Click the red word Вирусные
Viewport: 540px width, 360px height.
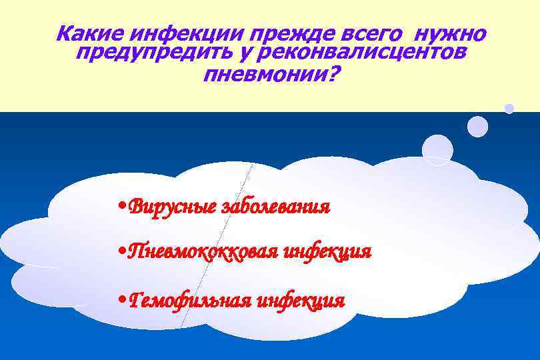coord(171,206)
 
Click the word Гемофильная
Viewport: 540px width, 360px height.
coord(190,301)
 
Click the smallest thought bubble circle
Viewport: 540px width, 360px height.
coord(509,107)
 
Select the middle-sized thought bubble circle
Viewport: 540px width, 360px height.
coord(477,126)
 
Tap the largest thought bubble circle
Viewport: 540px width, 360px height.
coord(438,149)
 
